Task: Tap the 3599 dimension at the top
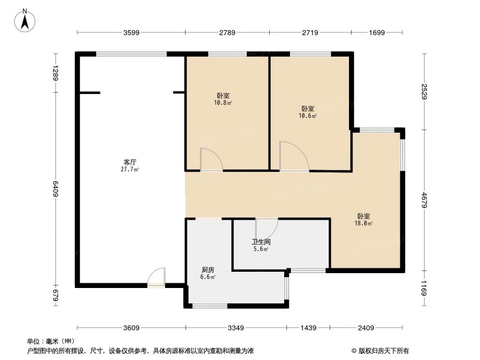131,33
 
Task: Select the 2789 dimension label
227,33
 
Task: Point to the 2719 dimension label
310,33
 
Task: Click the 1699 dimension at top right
377,33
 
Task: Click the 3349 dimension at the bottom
236,328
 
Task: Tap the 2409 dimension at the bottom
366,328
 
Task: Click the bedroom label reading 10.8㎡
223,99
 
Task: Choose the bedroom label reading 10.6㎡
308,112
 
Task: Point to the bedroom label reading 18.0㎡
363,219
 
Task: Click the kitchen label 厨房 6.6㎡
207,273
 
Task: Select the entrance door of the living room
156,278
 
